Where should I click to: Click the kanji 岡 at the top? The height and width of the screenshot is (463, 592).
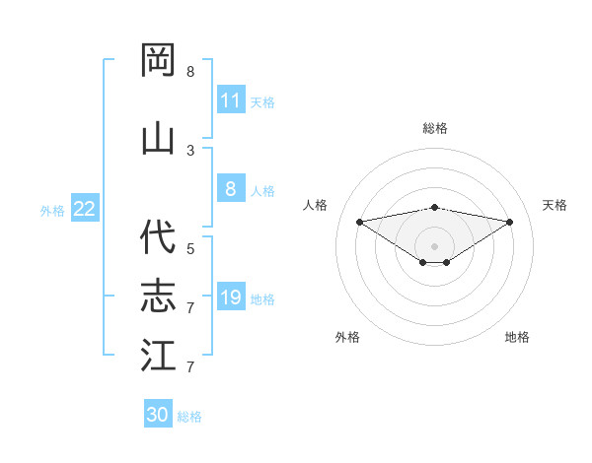[158, 61]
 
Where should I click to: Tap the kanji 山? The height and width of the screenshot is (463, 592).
[158, 137]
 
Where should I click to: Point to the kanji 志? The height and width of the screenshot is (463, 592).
[158, 296]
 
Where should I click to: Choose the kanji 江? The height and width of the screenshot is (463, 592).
[158, 355]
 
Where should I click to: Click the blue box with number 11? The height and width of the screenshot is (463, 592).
[231, 100]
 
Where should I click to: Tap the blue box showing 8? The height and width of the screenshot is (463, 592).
[231, 190]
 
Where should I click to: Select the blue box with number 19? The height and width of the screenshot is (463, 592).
[231, 298]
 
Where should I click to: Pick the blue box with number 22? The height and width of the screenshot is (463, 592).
[85, 209]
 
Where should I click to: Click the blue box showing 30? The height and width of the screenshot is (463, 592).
[158, 415]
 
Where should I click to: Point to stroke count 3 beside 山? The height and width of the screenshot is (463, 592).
[190, 151]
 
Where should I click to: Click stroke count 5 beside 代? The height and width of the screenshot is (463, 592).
[190, 249]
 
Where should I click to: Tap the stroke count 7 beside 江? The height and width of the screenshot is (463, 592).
[190, 367]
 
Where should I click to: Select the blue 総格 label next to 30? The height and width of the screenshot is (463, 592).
[189, 417]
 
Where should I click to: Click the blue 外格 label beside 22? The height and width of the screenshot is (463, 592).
[52, 210]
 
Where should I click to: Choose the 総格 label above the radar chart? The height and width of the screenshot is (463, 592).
[434, 128]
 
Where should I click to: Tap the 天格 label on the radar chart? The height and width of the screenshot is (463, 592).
[555, 205]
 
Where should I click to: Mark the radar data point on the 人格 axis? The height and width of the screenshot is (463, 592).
[359, 222]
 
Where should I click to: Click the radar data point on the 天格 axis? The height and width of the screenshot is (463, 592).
[509, 222]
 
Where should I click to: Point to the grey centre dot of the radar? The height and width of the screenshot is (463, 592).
[434, 245]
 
